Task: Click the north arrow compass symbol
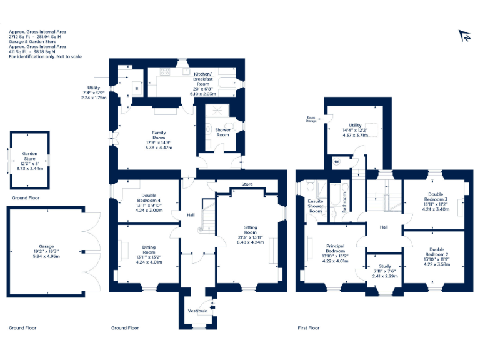point(464,37)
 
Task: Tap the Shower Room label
point(222,132)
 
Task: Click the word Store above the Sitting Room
point(247,184)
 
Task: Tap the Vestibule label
point(197,311)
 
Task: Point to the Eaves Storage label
point(311,118)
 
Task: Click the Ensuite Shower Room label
point(316,206)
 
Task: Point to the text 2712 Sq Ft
point(19,37)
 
